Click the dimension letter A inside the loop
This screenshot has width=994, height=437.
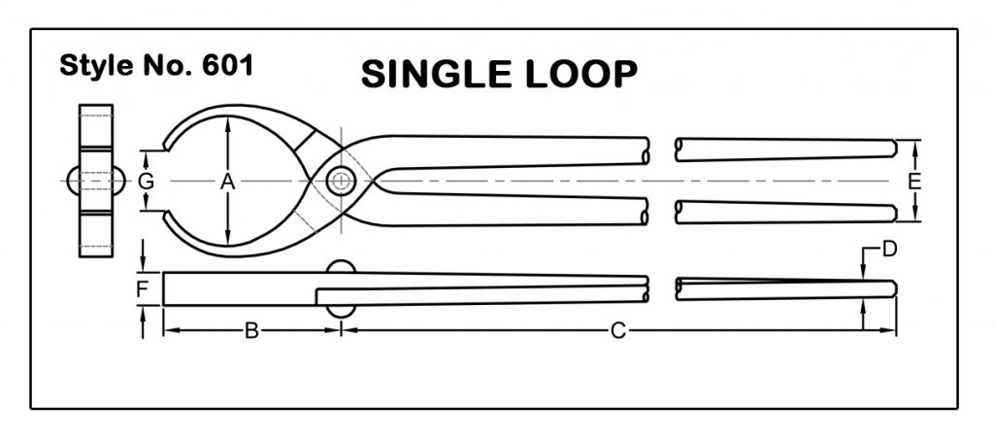point(227,181)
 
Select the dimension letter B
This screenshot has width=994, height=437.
point(250,331)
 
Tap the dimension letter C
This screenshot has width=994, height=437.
point(617,331)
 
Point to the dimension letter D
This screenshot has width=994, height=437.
point(889,250)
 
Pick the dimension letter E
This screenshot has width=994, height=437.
point(914,181)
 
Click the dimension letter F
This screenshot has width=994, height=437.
point(143,288)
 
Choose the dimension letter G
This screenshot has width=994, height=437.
point(146,181)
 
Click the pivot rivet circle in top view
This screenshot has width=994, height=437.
point(341,180)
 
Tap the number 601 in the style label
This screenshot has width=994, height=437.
point(230,66)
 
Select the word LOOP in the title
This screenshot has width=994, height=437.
point(587,75)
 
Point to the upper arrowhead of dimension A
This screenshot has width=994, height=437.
point(227,121)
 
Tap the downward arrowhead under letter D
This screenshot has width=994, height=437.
point(864,275)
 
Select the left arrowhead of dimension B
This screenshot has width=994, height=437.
point(167,331)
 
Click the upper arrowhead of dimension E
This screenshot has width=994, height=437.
point(914,146)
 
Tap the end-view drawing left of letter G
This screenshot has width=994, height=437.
point(95,181)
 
